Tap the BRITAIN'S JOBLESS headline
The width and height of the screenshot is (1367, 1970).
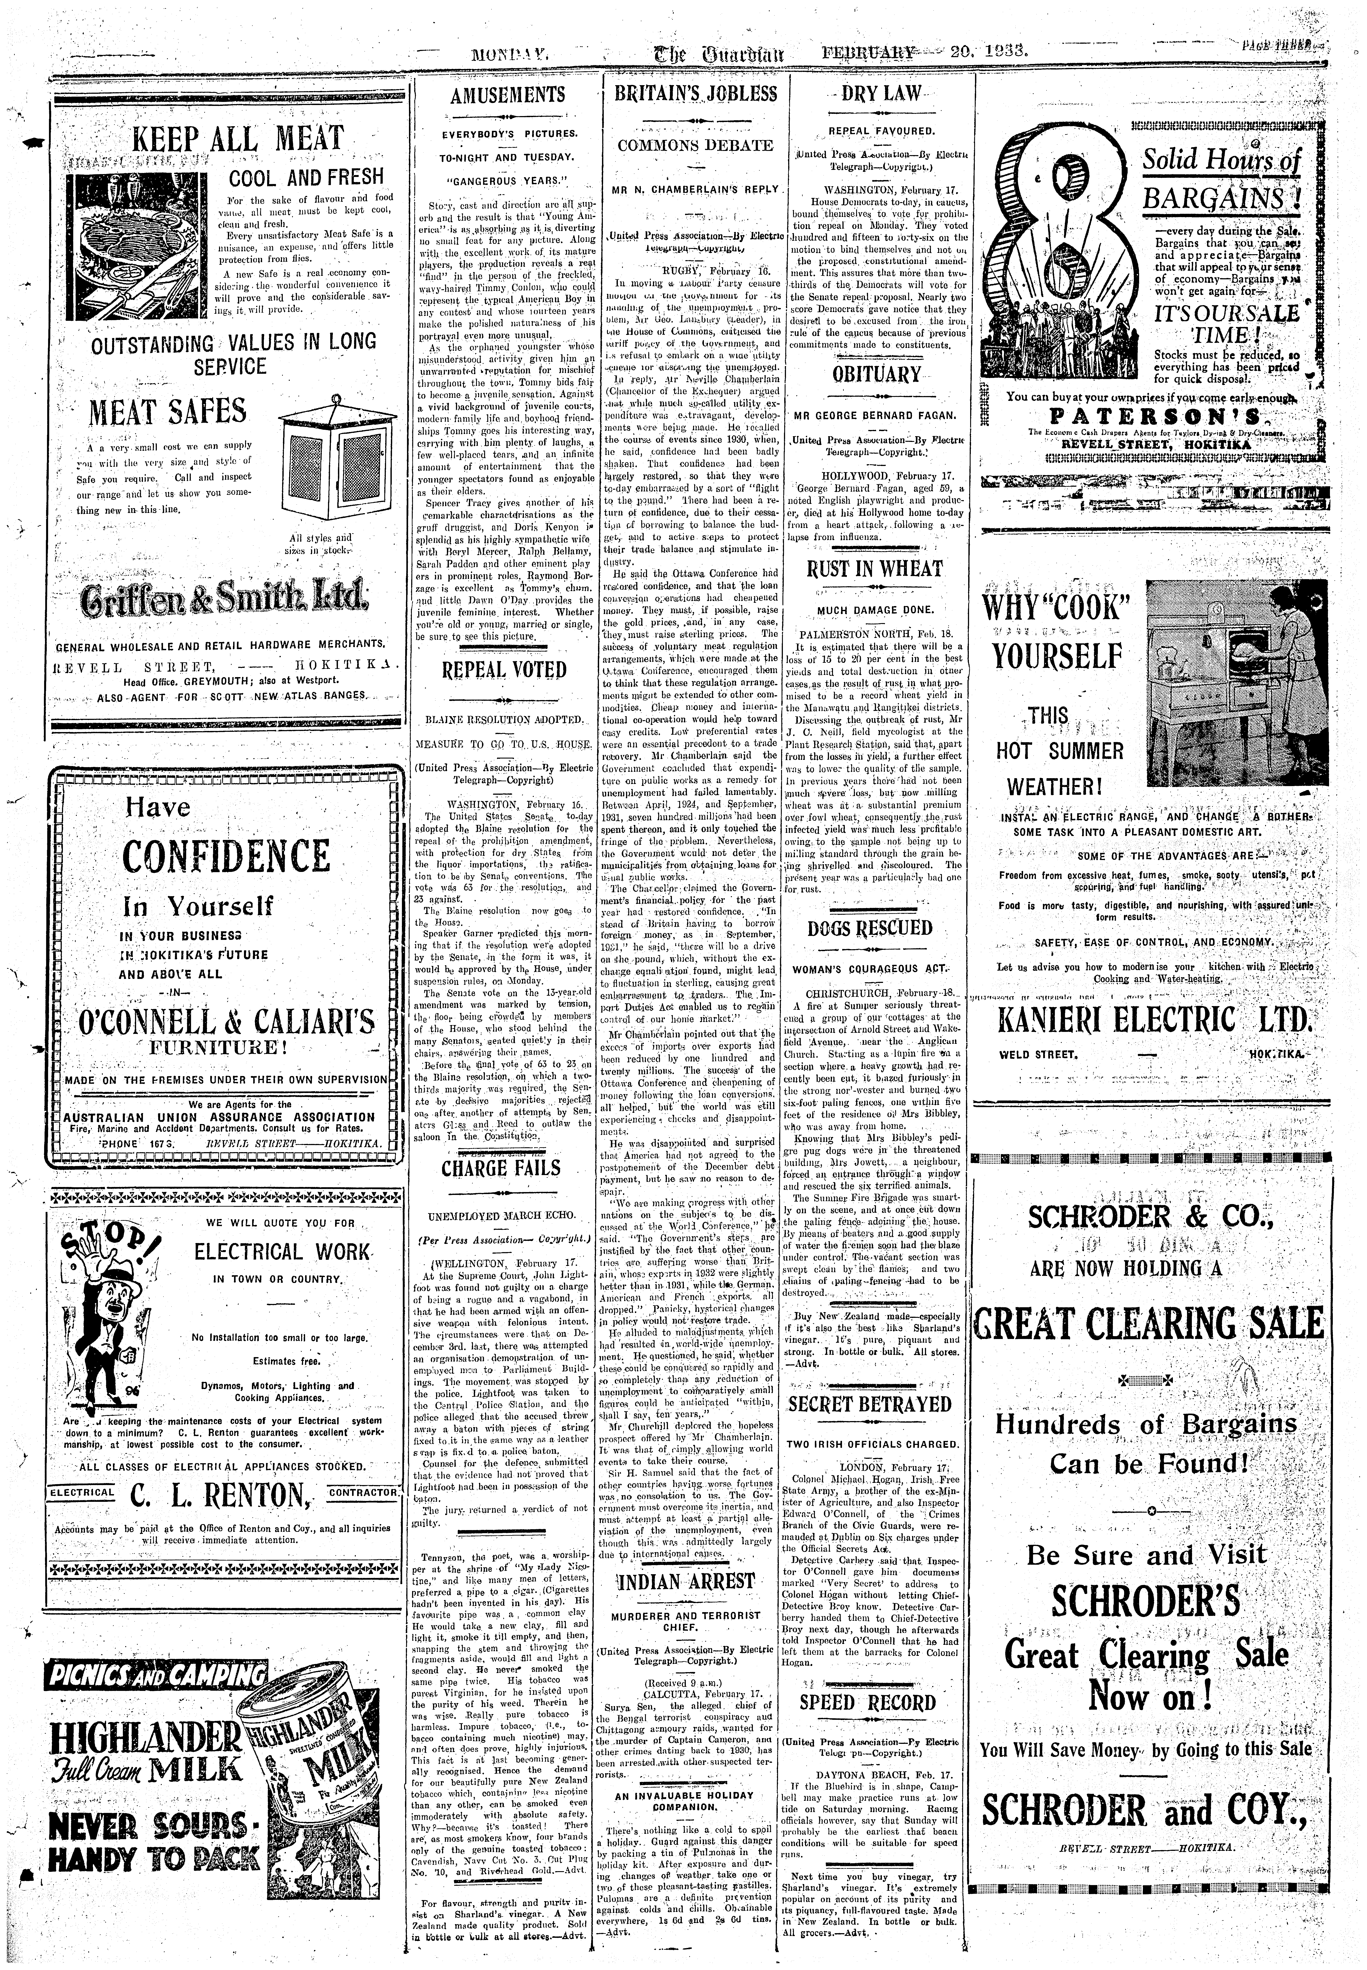[696, 94]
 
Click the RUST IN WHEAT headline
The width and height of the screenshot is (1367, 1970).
[875, 569]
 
